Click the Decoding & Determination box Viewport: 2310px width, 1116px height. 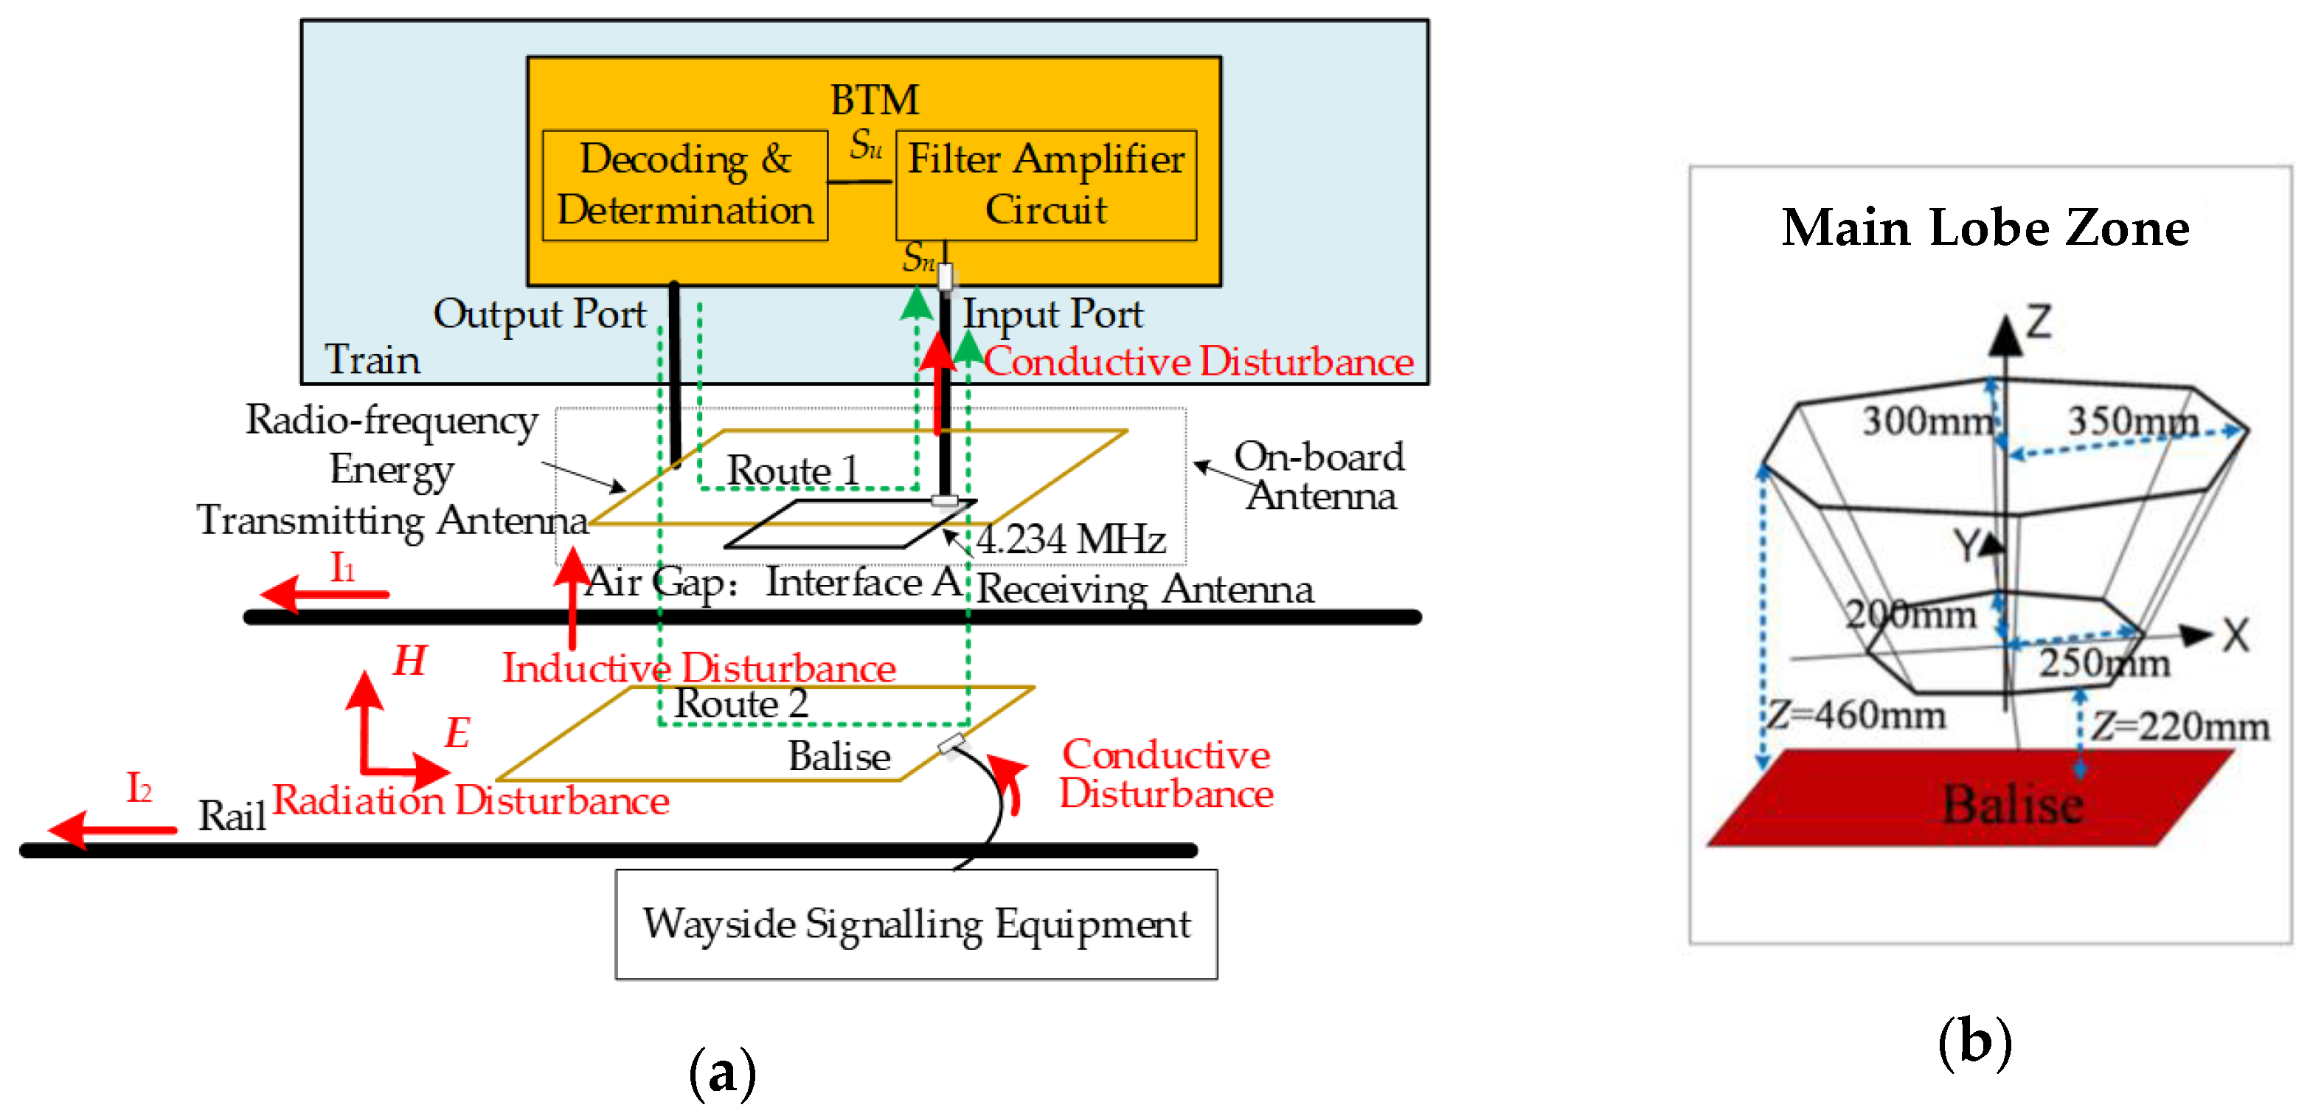(x=685, y=185)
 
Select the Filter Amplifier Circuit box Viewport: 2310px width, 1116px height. (x=1046, y=185)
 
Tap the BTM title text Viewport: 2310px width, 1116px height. (x=874, y=100)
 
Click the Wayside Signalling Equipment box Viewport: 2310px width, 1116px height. (x=915, y=924)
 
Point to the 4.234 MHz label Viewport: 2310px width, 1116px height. (x=1071, y=540)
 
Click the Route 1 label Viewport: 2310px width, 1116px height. (x=793, y=471)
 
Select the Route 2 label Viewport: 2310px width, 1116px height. (x=740, y=704)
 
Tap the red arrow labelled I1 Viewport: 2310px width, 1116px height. (x=325, y=594)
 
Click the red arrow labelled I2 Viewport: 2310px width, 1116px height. (x=113, y=830)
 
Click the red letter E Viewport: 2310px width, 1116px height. (x=457, y=733)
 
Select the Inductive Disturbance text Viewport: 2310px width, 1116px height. (x=698, y=668)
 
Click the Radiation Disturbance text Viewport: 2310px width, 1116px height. (x=471, y=800)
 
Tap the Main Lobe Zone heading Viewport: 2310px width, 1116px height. (x=1985, y=228)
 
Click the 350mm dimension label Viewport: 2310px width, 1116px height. (x=2132, y=420)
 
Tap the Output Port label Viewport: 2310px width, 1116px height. (x=539, y=314)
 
